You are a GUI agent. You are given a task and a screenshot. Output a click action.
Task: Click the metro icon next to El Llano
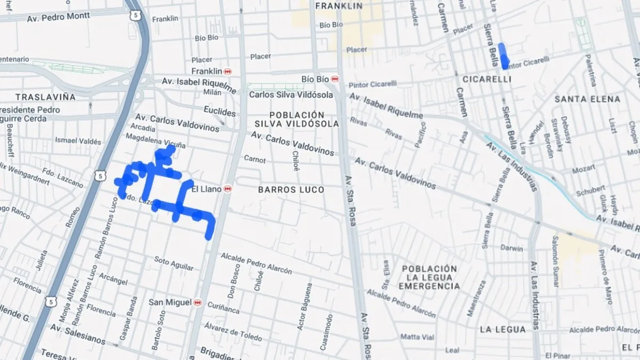(x=228, y=189)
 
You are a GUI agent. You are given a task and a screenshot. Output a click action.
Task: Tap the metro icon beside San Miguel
(x=198, y=302)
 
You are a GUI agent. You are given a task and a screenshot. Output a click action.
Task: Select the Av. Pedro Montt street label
(x=58, y=17)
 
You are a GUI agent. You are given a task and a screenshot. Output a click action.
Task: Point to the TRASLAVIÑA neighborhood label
(x=45, y=97)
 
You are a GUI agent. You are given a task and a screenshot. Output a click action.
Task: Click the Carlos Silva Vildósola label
(x=291, y=95)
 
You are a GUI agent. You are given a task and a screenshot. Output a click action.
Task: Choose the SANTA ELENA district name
(x=587, y=99)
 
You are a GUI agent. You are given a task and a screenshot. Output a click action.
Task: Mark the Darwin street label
(x=511, y=248)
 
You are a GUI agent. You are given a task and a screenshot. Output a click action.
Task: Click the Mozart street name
(x=583, y=169)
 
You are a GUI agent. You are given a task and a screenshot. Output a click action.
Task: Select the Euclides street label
(x=219, y=112)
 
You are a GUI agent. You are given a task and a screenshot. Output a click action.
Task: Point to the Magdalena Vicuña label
(x=156, y=141)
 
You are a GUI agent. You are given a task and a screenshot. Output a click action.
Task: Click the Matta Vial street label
(x=418, y=337)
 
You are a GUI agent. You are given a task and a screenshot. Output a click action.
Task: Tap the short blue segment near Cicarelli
(x=503, y=57)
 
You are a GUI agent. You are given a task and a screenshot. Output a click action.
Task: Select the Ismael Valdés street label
(x=78, y=141)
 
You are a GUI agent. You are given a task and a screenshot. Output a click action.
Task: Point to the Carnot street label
(x=254, y=159)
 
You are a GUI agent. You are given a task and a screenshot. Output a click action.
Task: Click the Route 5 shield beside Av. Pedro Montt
(x=137, y=15)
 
